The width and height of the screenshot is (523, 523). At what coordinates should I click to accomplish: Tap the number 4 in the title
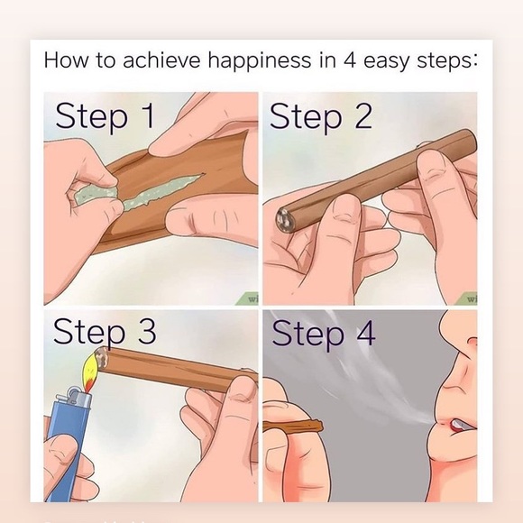[350, 60]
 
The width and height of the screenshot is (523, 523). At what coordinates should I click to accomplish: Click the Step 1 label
[105, 116]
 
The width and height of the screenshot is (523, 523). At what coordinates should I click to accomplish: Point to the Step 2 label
[320, 116]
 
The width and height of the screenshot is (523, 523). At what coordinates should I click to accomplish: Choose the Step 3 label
[105, 331]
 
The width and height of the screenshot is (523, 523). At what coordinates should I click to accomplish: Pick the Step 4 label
[324, 334]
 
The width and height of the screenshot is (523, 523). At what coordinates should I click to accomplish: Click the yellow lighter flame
[92, 369]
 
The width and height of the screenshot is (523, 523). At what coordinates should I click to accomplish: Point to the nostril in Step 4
[472, 342]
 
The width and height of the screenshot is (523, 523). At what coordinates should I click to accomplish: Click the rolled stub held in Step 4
[294, 427]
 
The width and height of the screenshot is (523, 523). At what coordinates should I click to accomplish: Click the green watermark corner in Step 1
[248, 298]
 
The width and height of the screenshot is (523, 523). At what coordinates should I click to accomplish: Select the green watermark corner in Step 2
[467, 298]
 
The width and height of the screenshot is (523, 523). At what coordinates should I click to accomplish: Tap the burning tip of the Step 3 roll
[102, 358]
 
